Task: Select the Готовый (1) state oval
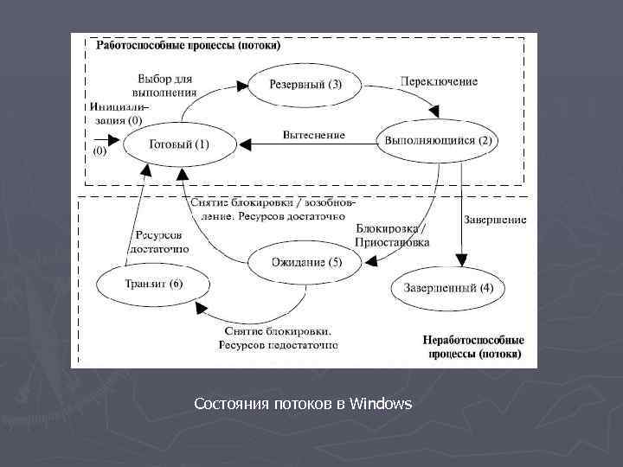(179, 144)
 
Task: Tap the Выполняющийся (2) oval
(439, 140)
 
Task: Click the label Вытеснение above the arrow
(313, 135)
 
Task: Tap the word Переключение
(439, 81)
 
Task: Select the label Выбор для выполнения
(164, 84)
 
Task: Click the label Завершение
(495, 220)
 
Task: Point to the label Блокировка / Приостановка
(392, 235)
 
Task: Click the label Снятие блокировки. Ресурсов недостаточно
(280, 338)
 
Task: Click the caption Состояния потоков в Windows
(303, 404)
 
